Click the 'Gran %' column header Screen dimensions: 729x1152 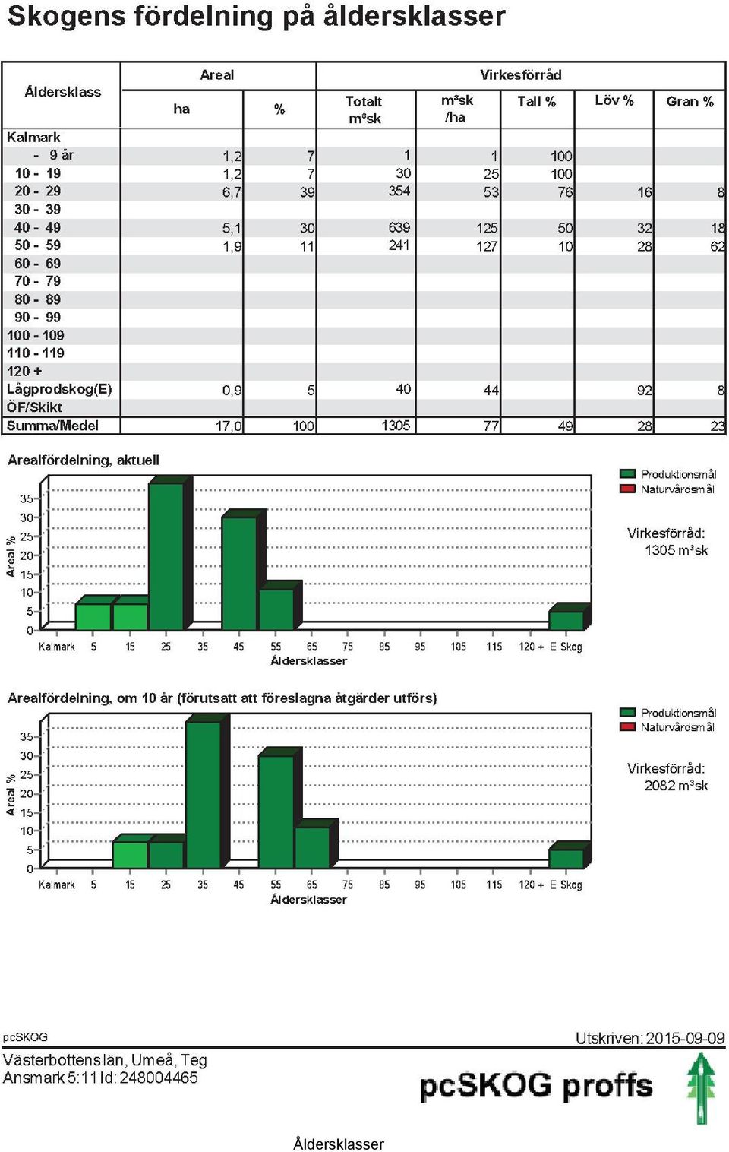click(x=690, y=101)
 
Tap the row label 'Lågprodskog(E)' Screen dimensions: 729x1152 click(x=59, y=389)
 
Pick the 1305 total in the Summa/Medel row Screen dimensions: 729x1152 click(x=396, y=425)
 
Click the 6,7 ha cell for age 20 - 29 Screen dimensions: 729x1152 click(x=232, y=191)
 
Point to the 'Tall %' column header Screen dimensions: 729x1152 click(x=536, y=101)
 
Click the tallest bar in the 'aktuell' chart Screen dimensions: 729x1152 click(x=166, y=556)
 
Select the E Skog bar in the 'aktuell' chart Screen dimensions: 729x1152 click(x=566, y=620)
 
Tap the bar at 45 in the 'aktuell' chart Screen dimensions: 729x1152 click(x=239, y=573)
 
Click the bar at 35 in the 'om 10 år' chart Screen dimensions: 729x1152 click(x=204, y=795)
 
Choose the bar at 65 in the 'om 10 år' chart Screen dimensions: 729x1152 click(x=312, y=847)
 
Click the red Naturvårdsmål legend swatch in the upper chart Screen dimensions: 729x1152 click(x=627, y=489)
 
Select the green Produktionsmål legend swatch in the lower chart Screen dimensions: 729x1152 click(x=627, y=712)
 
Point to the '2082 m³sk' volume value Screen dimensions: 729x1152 click(x=676, y=785)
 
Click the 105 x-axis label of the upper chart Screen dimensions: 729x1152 click(x=458, y=647)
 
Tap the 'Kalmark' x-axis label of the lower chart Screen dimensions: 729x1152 click(x=56, y=885)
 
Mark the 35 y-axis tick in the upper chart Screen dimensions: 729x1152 click(x=27, y=498)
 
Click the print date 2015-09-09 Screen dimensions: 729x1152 click(x=685, y=1038)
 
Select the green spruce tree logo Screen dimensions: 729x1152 click(x=701, y=1088)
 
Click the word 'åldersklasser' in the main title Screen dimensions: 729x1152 click(x=414, y=16)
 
